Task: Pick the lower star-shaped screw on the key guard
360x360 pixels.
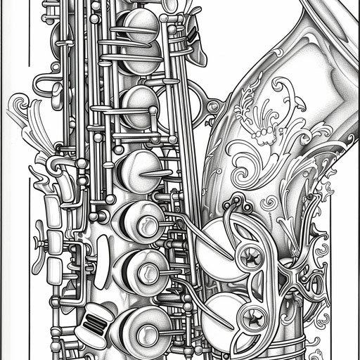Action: click(x=250, y=317)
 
